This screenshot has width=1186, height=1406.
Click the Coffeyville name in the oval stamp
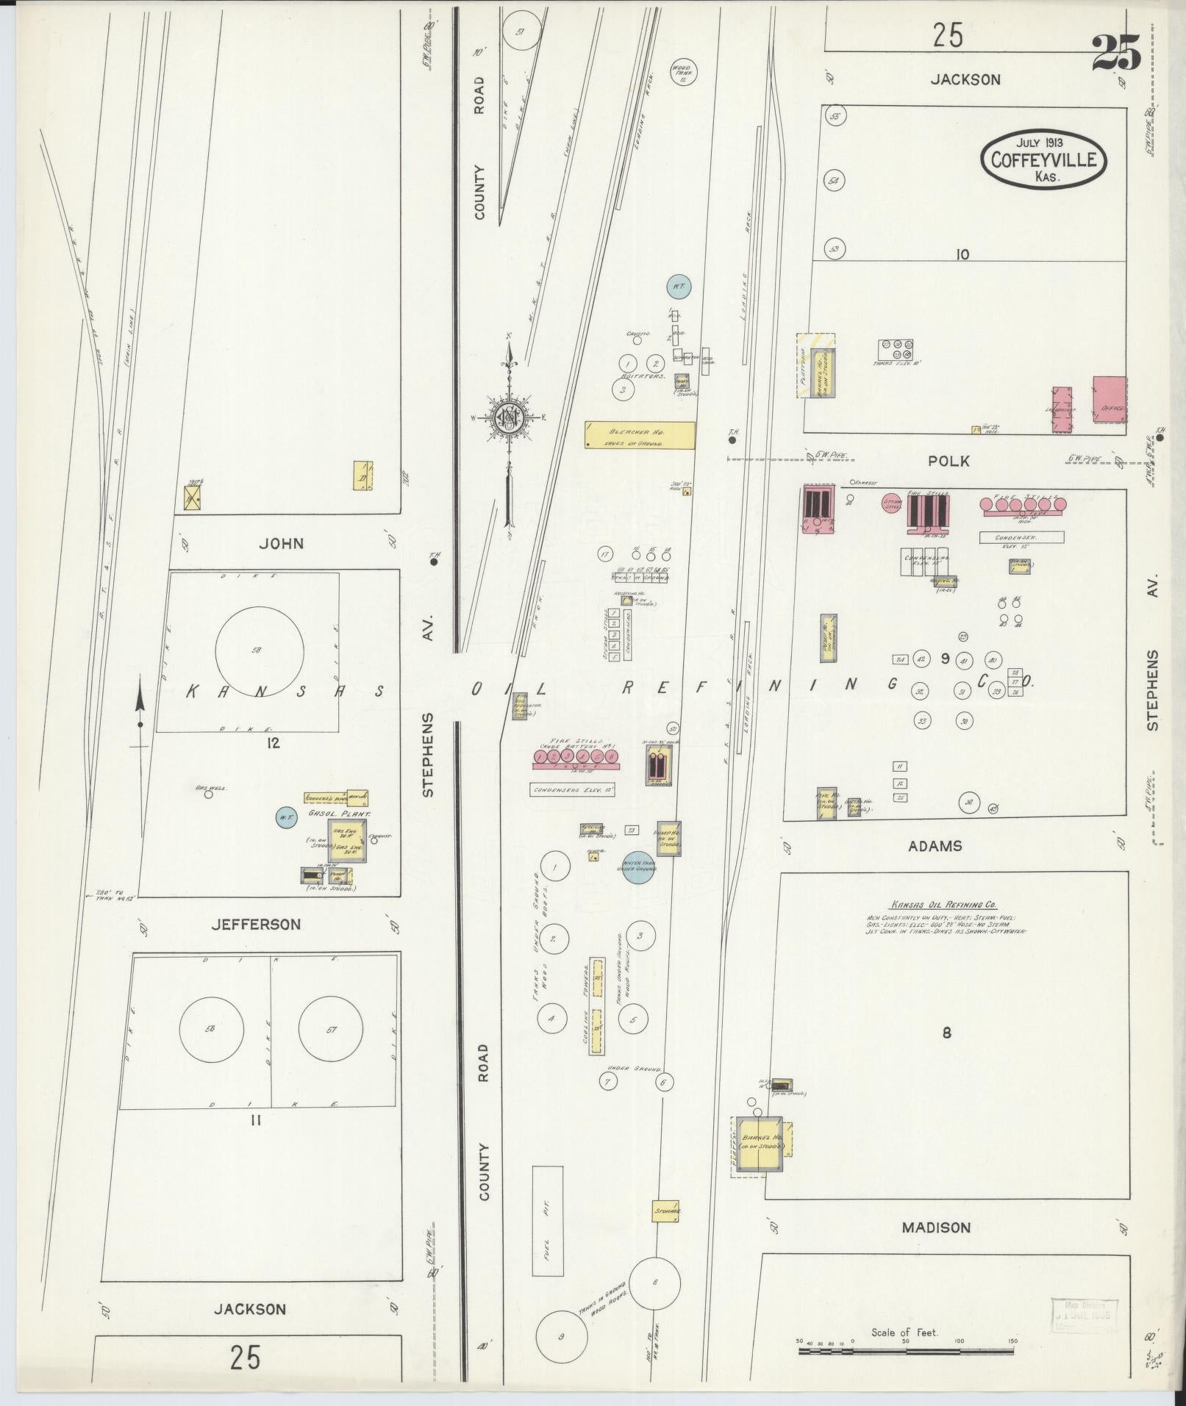point(1043,159)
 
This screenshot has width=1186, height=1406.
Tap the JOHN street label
point(281,544)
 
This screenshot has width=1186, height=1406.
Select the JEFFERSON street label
point(256,925)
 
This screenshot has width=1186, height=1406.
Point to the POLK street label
point(949,462)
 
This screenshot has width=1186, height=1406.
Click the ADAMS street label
point(935,846)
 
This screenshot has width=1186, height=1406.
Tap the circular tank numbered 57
point(332,1030)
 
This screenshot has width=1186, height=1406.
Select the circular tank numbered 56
point(211,1030)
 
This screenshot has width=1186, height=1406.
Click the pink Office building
point(1109,400)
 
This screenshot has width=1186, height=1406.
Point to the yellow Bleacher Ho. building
point(640,434)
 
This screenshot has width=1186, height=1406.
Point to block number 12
point(274,743)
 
